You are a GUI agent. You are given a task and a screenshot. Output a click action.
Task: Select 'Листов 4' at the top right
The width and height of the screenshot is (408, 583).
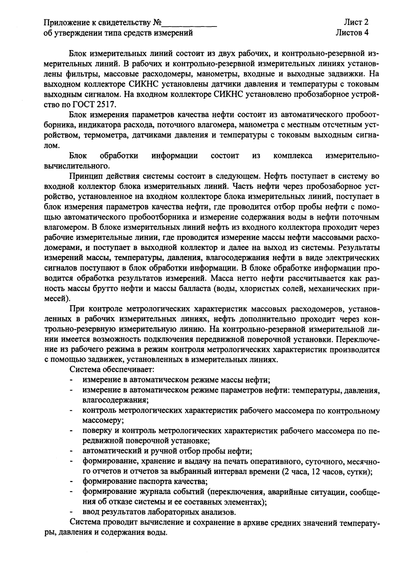pyautogui.click(x=352, y=33)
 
